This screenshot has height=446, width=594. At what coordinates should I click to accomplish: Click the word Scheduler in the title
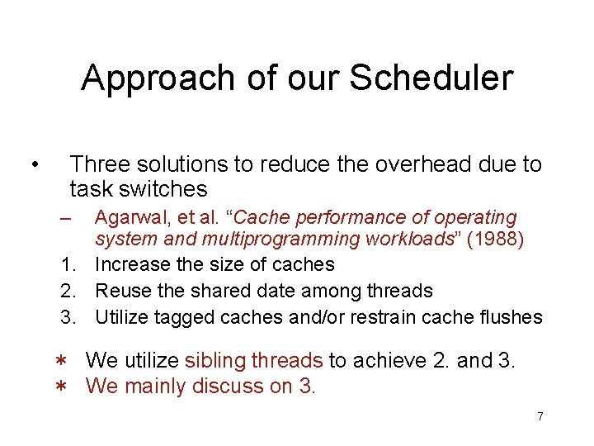pyautogui.click(x=431, y=78)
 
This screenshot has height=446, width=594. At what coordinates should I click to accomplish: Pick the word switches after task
pyautogui.click(x=167, y=189)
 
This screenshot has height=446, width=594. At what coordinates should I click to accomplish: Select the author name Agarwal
pyautogui.click(x=126, y=218)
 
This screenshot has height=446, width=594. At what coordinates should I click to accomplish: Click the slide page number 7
pyautogui.click(x=540, y=416)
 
